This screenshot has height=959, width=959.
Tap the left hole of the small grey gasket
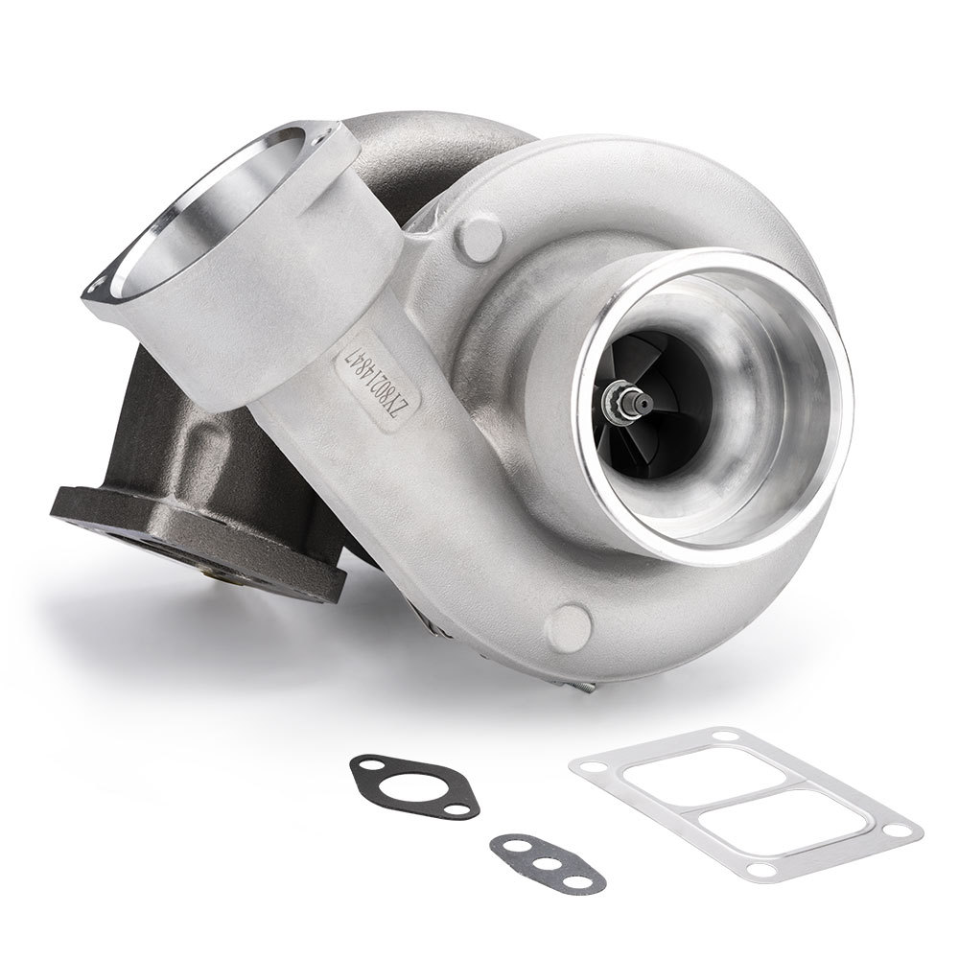[506, 844]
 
